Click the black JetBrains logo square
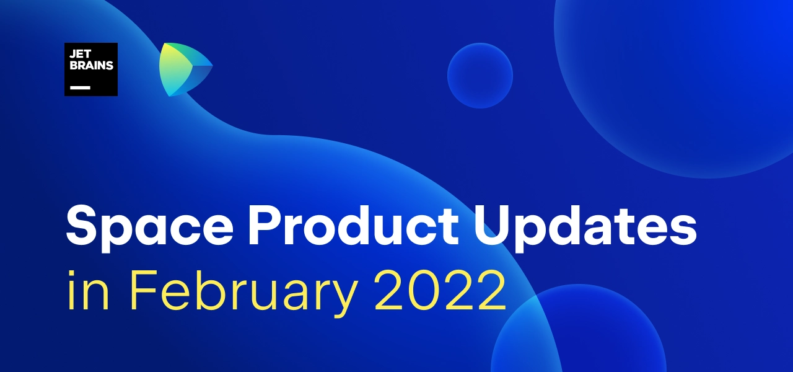pyautogui.click(x=91, y=69)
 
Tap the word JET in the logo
pyautogui.click(x=81, y=54)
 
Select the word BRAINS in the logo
pyautogui.click(x=91, y=65)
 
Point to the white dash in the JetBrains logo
pyautogui.click(x=80, y=87)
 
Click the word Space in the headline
pyautogui.click(x=149, y=226)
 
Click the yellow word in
pyautogui.click(x=88, y=291)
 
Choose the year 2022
pyautogui.click(x=440, y=290)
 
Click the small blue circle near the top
pyautogui.click(x=480, y=76)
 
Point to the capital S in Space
pyautogui.click(x=81, y=225)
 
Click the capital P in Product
pyautogui.click(x=266, y=226)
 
